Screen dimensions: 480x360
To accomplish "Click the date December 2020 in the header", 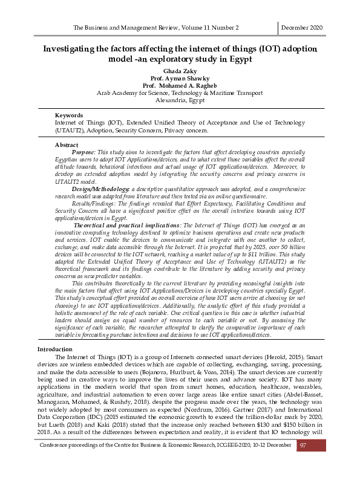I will (x=302, y=28).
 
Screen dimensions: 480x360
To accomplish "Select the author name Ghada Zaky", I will (x=180, y=71).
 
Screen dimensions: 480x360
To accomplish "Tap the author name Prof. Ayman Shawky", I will (x=180, y=78).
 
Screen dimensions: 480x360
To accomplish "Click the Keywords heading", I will (x=51, y=115).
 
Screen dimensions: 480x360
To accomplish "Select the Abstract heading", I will (x=50, y=146).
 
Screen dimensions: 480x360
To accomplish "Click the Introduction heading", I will (x=55, y=349).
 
